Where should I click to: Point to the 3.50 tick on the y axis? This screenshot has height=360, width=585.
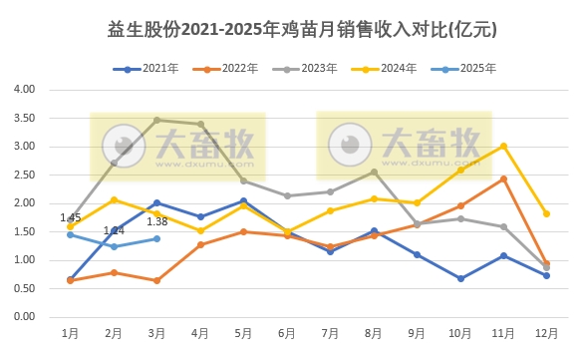point(23,118)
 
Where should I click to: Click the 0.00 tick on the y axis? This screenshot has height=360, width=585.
point(23,317)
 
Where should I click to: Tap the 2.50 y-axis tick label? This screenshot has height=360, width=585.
point(23,175)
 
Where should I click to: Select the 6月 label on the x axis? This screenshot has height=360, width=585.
point(286,331)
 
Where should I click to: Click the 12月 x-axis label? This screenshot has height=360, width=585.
point(546,331)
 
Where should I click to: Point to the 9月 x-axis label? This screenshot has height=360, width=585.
point(417,331)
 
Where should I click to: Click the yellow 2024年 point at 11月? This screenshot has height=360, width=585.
point(503,146)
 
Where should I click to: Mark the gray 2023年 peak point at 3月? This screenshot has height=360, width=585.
point(156,120)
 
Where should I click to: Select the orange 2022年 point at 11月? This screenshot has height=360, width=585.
point(503,179)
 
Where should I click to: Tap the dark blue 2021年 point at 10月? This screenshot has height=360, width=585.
point(460,278)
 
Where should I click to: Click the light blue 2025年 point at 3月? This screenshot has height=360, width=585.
point(156,238)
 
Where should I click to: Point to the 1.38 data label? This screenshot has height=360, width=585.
point(156,221)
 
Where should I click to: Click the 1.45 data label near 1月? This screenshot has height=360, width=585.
point(70,217)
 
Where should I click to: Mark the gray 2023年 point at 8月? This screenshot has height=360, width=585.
point(374,172)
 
